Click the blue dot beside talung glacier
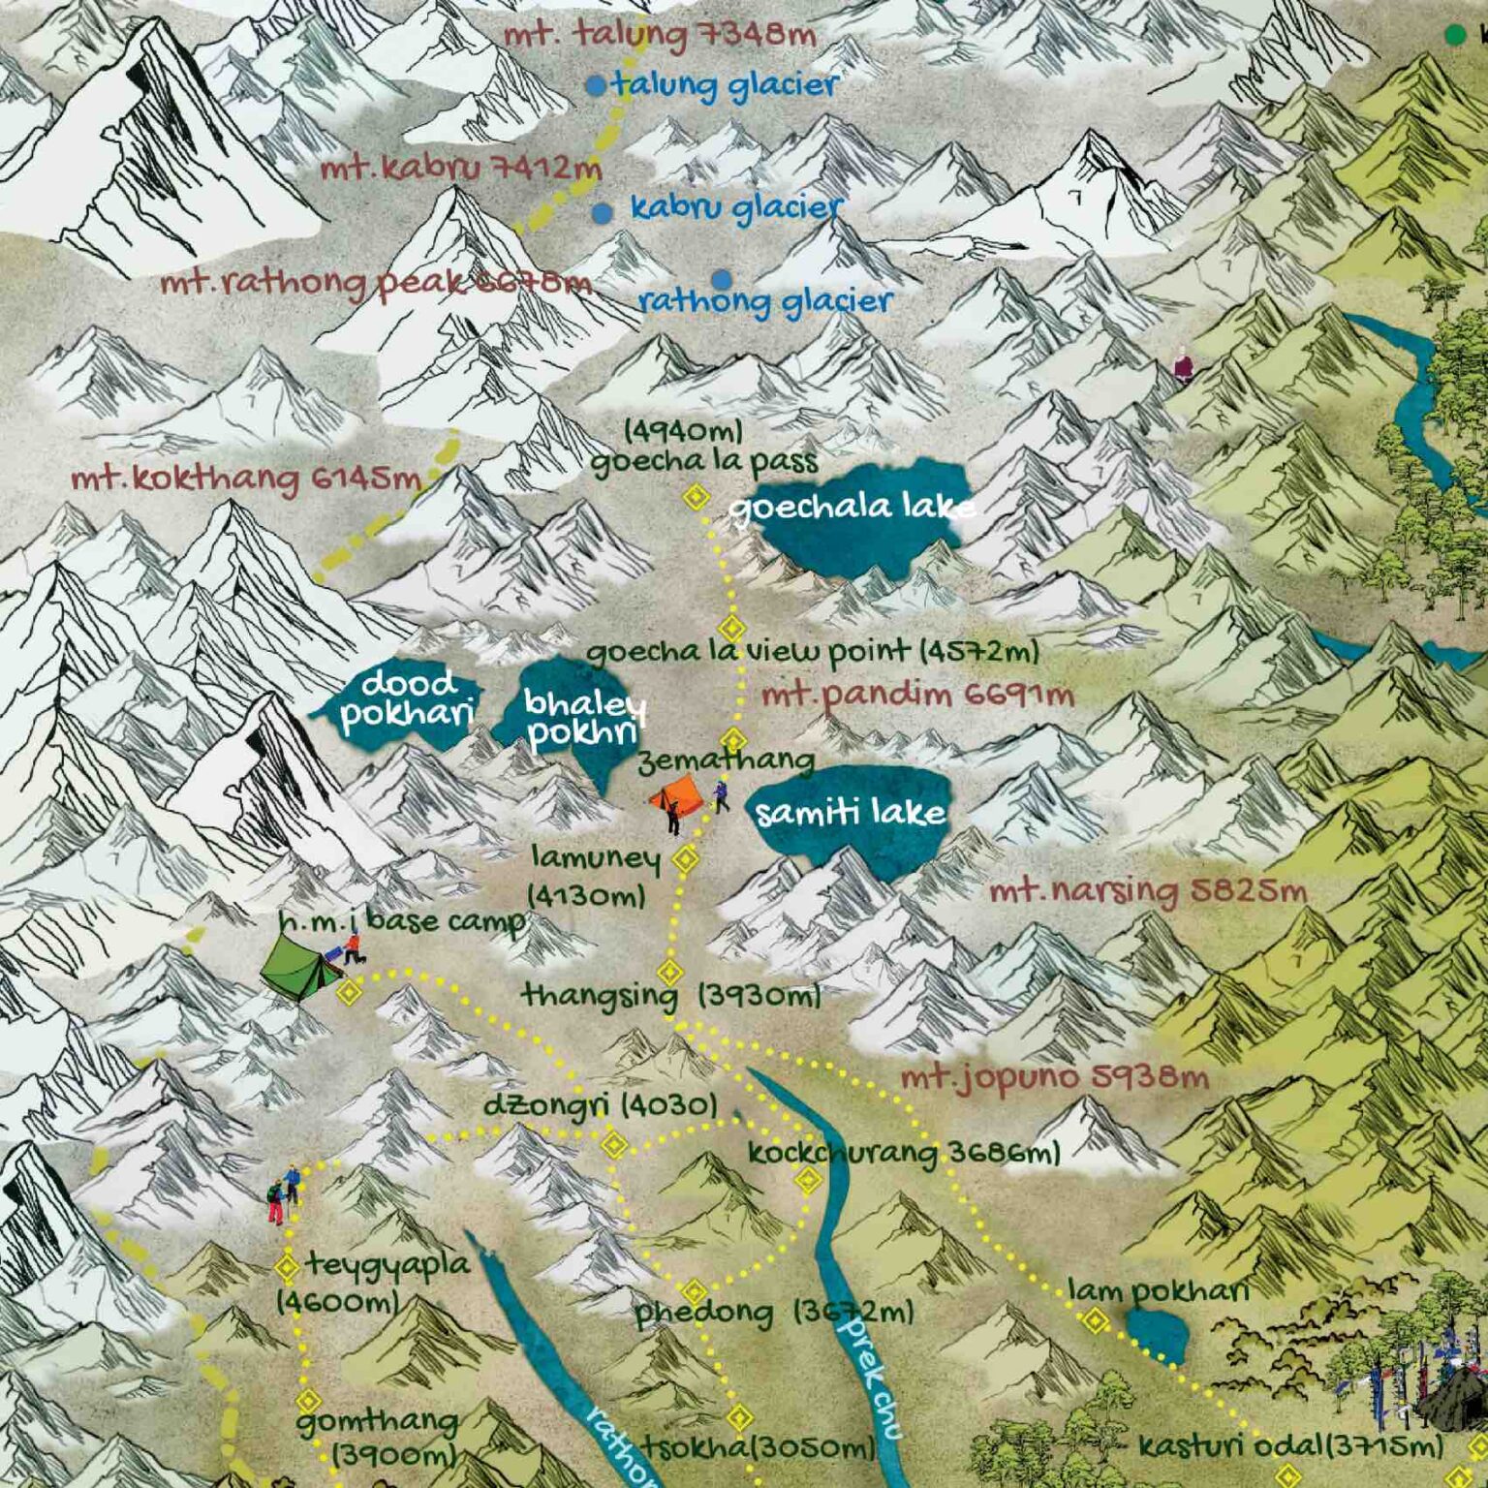click(596, 85)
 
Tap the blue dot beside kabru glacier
click(603, 213)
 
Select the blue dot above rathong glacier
click(721, 280)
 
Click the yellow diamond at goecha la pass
click(695, 498)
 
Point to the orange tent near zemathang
click(676, 797)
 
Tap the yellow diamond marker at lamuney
click(685, 859)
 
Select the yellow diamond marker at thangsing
click(669, 972)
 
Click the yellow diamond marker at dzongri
click(614, 1145)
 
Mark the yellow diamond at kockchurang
click(808, 1180)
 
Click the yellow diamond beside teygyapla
click(287, 1266)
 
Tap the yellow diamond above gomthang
click(308, 1401)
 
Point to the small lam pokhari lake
click(1156, 1334)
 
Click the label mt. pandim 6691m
click(916, 695)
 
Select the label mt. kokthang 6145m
click(246, 479)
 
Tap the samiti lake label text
click(850, 812)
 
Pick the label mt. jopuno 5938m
click(1054, 1076)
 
